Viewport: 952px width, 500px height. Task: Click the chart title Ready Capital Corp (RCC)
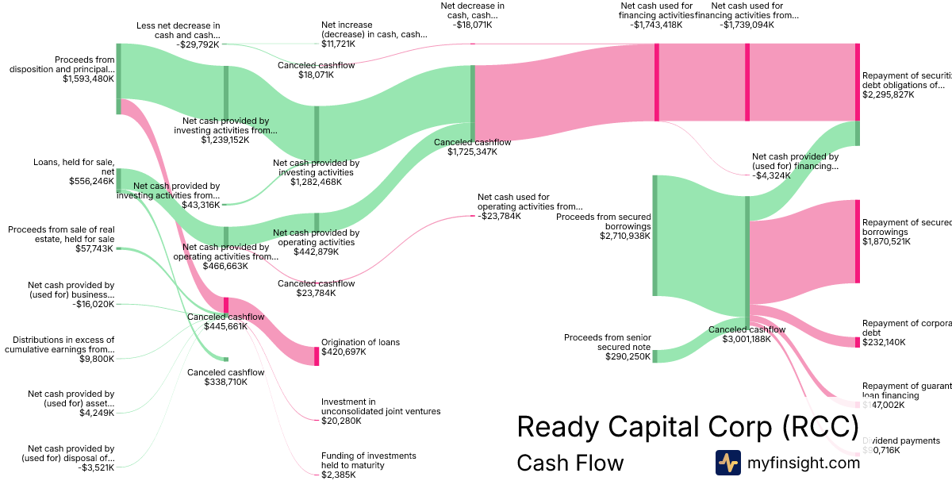pos(687,427)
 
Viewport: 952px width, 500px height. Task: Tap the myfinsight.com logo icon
pos(727,463)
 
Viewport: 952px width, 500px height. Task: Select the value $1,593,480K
pos(88,79)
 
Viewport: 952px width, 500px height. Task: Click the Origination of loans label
pos(360,342)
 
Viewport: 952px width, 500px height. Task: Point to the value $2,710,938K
pos(625,236)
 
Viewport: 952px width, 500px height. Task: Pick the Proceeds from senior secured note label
pos(608,342)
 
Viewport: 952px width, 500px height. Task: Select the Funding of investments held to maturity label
pos(368,460)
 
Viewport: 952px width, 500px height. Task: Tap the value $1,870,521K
pos(886,242)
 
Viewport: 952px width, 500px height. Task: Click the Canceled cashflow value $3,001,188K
pos(747,340)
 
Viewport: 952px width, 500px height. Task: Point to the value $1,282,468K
pos(316,182)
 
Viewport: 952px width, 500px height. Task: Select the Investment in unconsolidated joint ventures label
pos(380,406)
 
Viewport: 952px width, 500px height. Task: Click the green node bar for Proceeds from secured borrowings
pos(655,235)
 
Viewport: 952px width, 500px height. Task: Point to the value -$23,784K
pos(499,216)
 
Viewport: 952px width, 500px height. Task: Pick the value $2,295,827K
pos(888,94)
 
